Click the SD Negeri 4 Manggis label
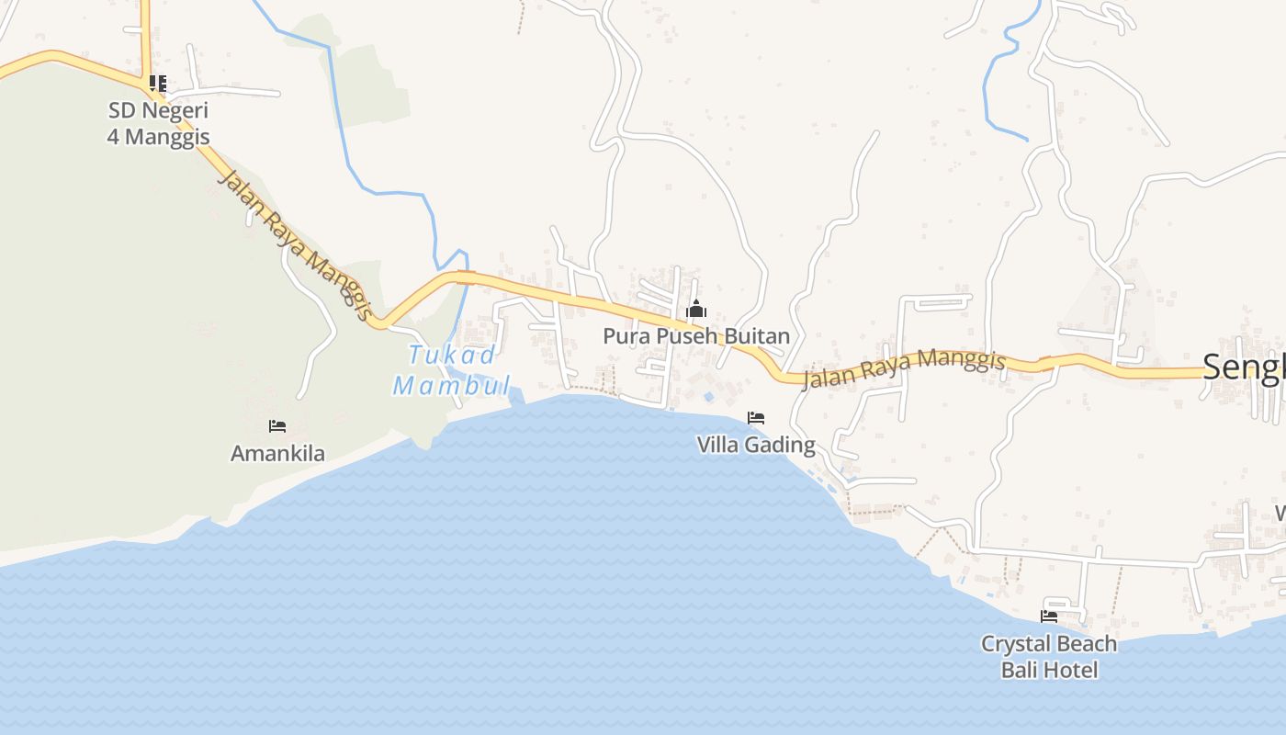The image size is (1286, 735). [x=159, y=124]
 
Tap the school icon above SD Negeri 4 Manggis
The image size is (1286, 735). [x=158, y=84]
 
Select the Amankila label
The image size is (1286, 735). [x=277, y=453]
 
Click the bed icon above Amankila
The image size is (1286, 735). [x=277, y=426]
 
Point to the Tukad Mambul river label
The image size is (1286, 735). [x=451, y=369]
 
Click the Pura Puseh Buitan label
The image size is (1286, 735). [x=696, y=336]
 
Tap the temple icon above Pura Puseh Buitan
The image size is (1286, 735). [x=696, y=309]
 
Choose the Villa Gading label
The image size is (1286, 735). [x=756, y=446]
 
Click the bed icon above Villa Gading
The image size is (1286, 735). [x=756, y=418]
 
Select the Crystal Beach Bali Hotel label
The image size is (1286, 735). [x=1049, y=656]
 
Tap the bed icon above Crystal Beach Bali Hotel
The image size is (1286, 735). [x=1049, y=616]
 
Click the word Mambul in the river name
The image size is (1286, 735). [x=451, y=385]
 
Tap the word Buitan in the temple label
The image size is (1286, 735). [x=757, y=336]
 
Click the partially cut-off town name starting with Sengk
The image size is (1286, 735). [x=1245, y=367]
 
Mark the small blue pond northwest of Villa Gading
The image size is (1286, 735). [x=708, y=397]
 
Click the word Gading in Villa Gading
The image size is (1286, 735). [x=781, y=446]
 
